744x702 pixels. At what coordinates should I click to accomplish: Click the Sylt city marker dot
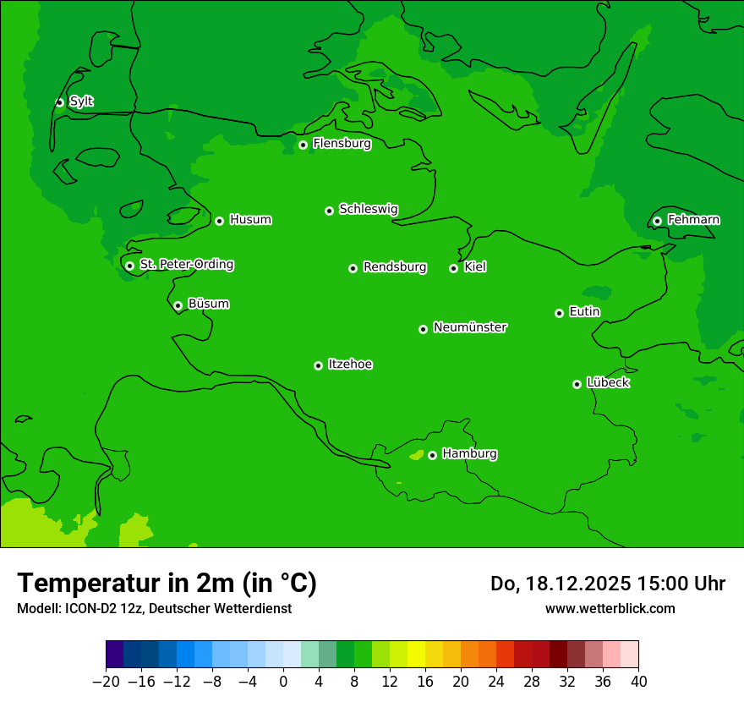point(59,102)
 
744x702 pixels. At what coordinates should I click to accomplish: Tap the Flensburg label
point(342,144)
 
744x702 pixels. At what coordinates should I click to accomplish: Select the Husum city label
point(250,220)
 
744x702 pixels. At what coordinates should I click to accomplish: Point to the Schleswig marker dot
point(329,211)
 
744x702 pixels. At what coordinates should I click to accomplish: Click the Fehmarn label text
point(693,220)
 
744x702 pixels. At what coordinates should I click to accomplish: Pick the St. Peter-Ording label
point(186,265)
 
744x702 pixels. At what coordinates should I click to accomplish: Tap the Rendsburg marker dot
point(353,268)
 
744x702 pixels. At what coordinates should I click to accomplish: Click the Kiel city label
point(475,267)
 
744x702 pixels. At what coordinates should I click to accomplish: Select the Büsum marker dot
point(178,305)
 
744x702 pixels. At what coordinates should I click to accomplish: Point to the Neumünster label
point(470,327)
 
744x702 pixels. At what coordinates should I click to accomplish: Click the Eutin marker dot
point(559,313)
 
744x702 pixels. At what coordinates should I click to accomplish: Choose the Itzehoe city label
point(350,365)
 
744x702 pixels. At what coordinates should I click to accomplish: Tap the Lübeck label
point(608,383)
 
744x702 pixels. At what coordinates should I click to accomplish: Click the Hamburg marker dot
point(432,455)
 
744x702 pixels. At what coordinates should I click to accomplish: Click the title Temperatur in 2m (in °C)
point(167,584)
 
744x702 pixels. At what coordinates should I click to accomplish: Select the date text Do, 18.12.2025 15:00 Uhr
point(607,584)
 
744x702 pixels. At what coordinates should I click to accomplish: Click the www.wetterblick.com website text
point(610,608)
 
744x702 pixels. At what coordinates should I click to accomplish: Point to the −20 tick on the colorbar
point(106,680)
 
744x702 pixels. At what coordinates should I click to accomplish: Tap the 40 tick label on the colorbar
point(638,680)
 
